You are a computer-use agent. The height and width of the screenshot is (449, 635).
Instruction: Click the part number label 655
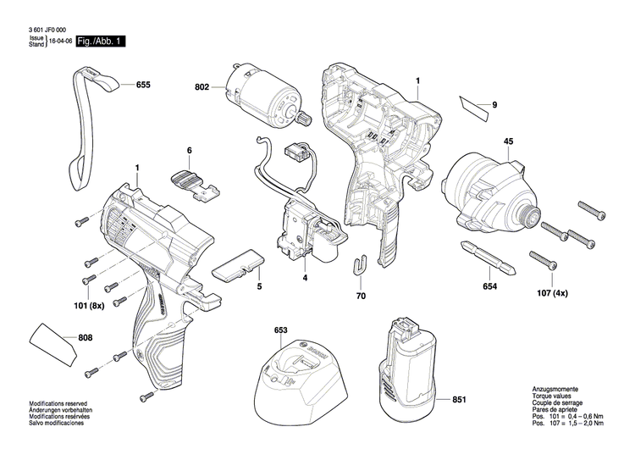tap(142, 86)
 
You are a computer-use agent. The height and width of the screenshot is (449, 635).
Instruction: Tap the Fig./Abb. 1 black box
tap(100, 41)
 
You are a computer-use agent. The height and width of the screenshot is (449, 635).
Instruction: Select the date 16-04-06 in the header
tap(60, 41)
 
